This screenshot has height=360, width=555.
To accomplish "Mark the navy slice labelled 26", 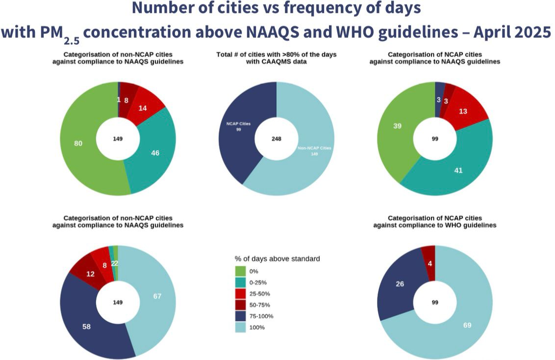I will coord(400,284).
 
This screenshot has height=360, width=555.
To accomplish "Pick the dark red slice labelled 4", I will coord(429,263).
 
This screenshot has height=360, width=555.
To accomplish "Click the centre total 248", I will coord(277,139).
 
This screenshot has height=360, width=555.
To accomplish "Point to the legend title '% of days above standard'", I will coord(277,258).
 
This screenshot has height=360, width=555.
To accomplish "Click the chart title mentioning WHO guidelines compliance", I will coord(434,221).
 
